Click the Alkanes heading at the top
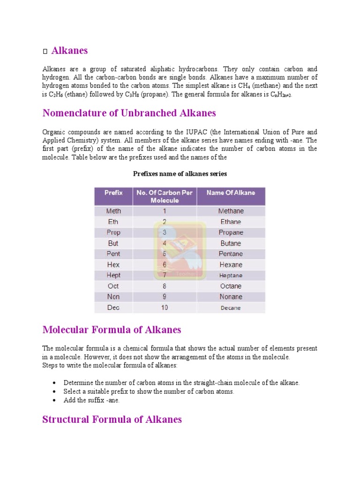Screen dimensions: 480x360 (x=69, y=50)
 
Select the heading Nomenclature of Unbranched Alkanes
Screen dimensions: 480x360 (x=129, y=113)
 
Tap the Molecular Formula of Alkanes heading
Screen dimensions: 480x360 (x=112, y=330)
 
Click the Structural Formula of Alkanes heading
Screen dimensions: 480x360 (x=112, y=419)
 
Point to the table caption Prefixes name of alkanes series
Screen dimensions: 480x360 (x=180, y=173)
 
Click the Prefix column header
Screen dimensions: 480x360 (x=113, y=193)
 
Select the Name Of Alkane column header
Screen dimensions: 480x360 (x=231, y=193)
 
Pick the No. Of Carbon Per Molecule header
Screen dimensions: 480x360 (x=165, y=196)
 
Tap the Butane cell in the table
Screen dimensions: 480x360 (x=231, y=243)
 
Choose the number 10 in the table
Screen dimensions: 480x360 (x=165, y=307)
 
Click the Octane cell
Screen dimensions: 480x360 (x=231, y=286)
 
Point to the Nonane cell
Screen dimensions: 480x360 (x=231, y=297)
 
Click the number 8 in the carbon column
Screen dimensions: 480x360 (x=165, y=286)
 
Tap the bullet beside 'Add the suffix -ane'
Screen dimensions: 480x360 (x=55, y=400)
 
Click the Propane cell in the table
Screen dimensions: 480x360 (x=231, y=232)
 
